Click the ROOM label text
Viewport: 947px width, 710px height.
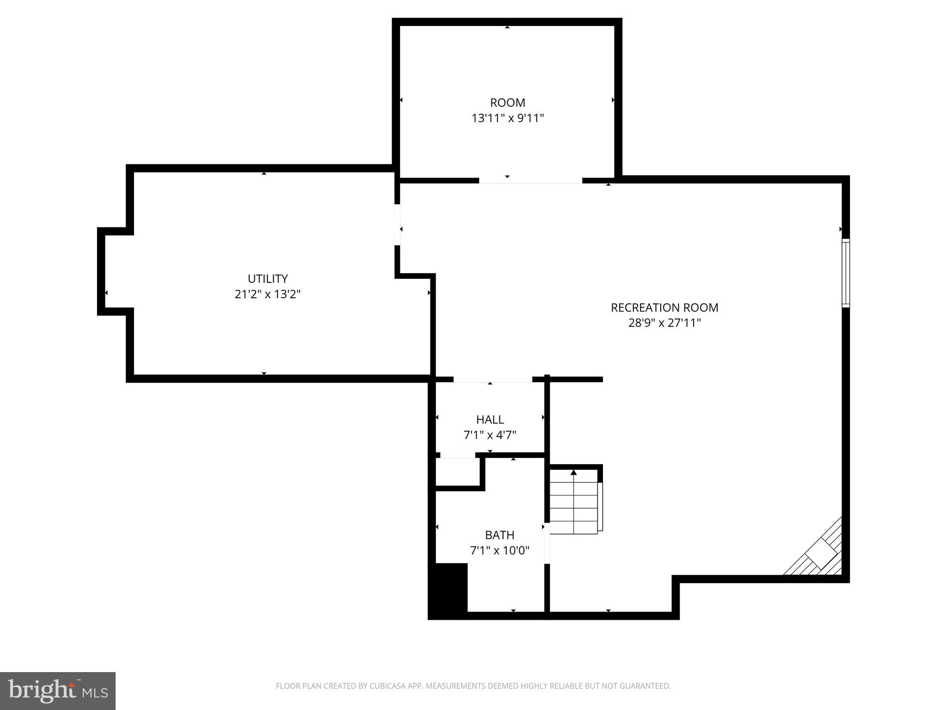pos(507,103)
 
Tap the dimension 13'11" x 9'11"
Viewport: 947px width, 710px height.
pos(507,118)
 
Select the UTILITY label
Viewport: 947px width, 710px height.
pos(268,279)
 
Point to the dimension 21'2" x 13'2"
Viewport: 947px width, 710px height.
pos(268,294)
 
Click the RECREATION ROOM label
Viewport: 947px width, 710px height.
pos(664,307)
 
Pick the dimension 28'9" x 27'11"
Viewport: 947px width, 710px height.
pos(664,323)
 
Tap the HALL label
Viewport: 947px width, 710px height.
pos(490,420)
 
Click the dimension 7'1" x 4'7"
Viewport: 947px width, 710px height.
pos(490,435)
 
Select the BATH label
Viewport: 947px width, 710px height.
pos(499,535)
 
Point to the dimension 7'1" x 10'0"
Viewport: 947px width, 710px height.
pos(499,551)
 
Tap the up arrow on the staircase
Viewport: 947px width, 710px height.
pos(573,472)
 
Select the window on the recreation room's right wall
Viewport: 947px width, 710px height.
pos(845,273)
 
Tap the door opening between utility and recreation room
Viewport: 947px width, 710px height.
pos(397,225)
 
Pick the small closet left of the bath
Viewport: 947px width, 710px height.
pos(457,471)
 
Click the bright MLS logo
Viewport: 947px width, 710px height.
pos(58,691)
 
